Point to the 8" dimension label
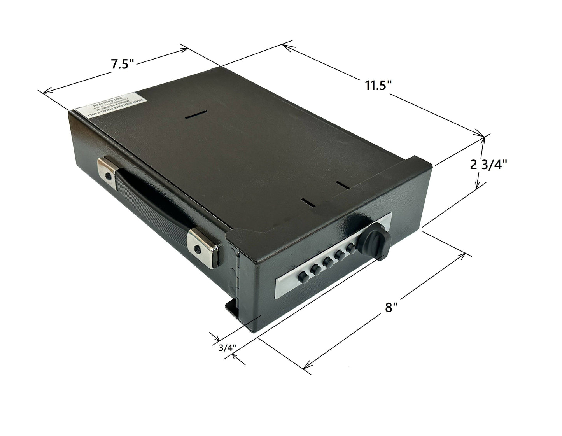coord(391,308)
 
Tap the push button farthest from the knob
coord(302,277)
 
